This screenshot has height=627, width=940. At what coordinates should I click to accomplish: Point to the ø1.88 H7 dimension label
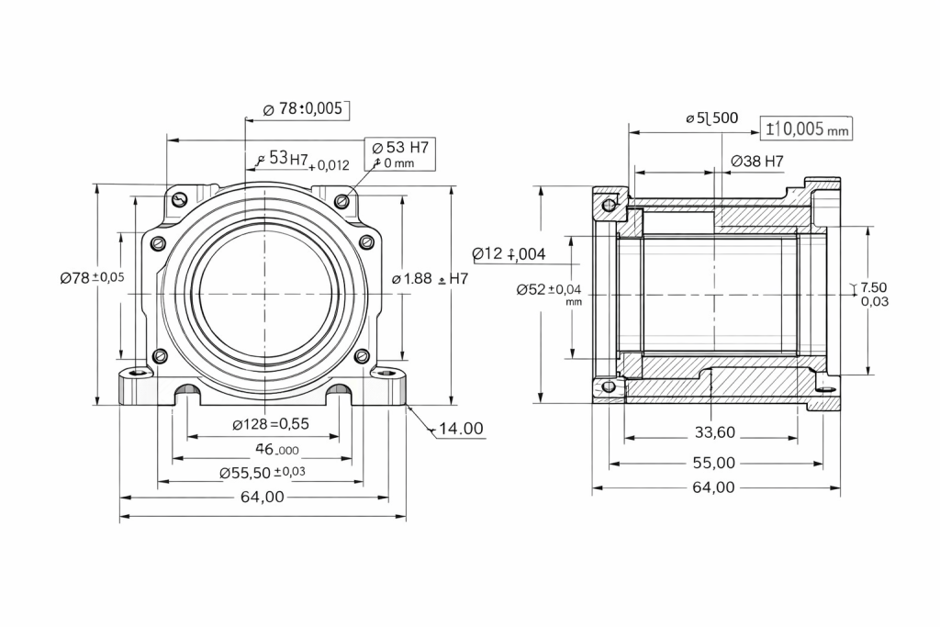click(429, 278)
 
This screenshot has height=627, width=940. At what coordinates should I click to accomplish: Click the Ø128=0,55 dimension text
click(270, 424)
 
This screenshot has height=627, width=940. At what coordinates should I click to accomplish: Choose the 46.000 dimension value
click(275, 450)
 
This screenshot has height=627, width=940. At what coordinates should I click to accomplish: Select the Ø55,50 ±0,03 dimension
click(263, 472)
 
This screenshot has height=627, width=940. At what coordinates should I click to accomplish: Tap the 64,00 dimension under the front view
click(263, 497)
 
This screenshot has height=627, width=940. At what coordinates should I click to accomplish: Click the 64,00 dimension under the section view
click(712, 487)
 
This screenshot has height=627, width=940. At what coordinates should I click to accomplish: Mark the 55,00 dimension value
click(712, 463)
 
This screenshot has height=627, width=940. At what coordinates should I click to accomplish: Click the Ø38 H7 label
click(757, 162)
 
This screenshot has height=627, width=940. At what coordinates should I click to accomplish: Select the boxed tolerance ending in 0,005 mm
click(807, 129)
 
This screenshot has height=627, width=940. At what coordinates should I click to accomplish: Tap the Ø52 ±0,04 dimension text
click(549, 291)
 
